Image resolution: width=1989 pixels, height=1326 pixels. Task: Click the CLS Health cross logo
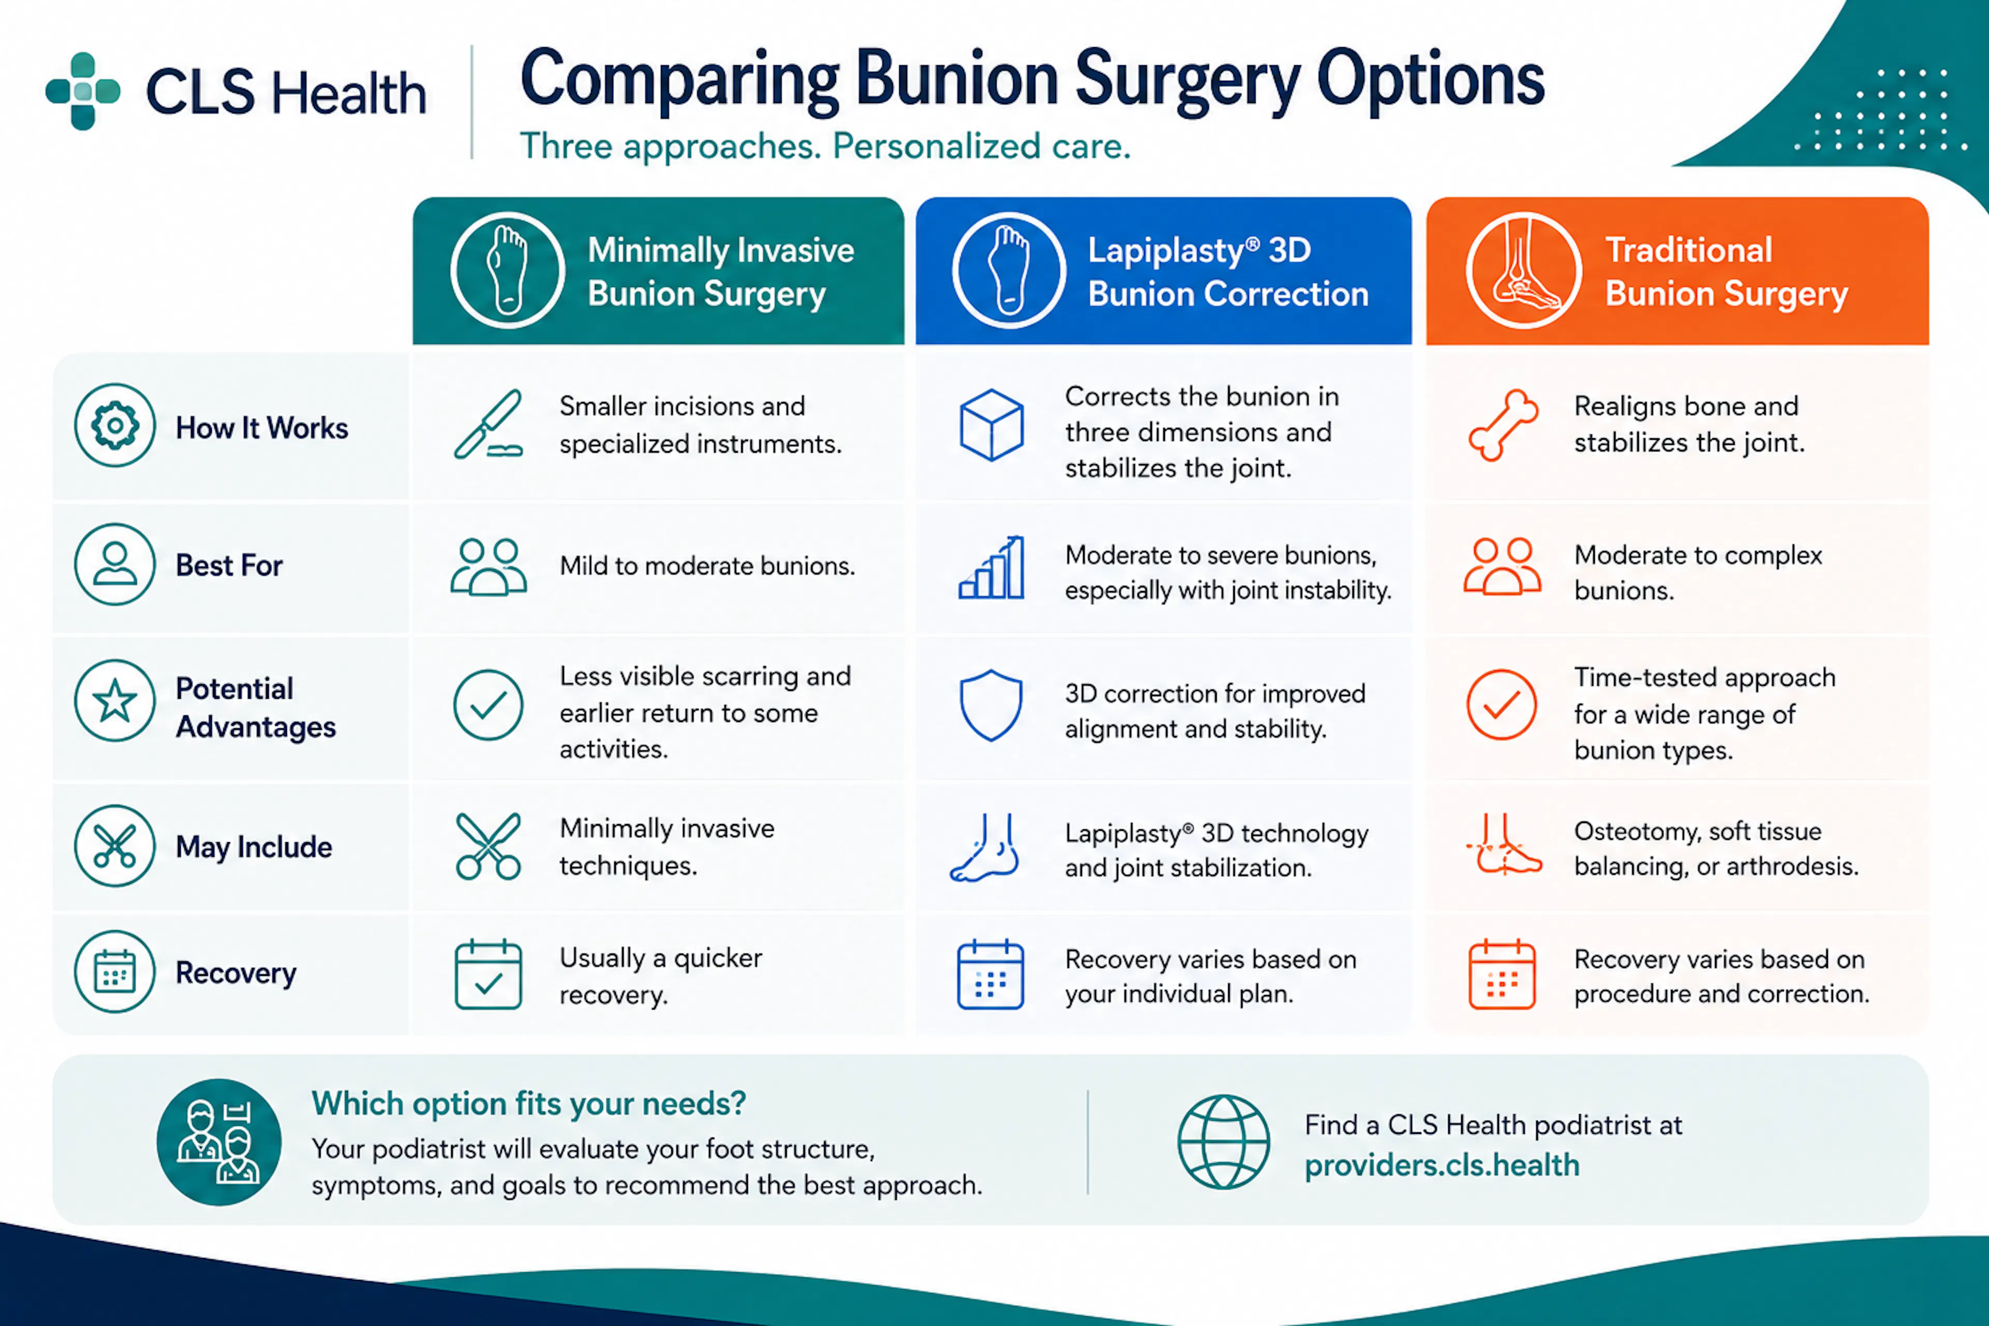click(83, 91)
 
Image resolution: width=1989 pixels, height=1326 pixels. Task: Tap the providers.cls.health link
click(1442, 1165)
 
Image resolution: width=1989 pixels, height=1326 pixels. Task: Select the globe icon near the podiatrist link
click(1223, 1142)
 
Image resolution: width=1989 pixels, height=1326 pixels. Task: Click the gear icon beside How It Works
click(115, 425)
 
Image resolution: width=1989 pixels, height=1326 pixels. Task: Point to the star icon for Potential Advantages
click(115, 701)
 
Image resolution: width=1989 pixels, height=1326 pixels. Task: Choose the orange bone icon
click(1503, 425)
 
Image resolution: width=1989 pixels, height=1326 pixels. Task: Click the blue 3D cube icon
click(991, 425)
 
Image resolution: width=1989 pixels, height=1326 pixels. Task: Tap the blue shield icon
click(991, 705)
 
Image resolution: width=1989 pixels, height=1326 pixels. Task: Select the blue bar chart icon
click(991, 568)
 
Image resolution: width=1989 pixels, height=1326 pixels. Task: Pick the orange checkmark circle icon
click(1502, 705)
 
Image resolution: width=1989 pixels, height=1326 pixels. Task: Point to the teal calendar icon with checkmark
click(488, 974)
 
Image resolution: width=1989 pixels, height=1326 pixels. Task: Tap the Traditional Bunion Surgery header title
click(1726, 271)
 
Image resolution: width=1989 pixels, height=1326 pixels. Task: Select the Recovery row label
click(236, 973)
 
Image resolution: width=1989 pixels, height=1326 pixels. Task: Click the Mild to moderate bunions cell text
click(707, 566)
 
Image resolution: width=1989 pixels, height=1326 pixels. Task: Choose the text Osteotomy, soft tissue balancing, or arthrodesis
click(1716, 848)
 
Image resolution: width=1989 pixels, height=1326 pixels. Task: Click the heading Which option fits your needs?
click(528, 1104)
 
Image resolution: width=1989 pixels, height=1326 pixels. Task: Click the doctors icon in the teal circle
click(219, 1142)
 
